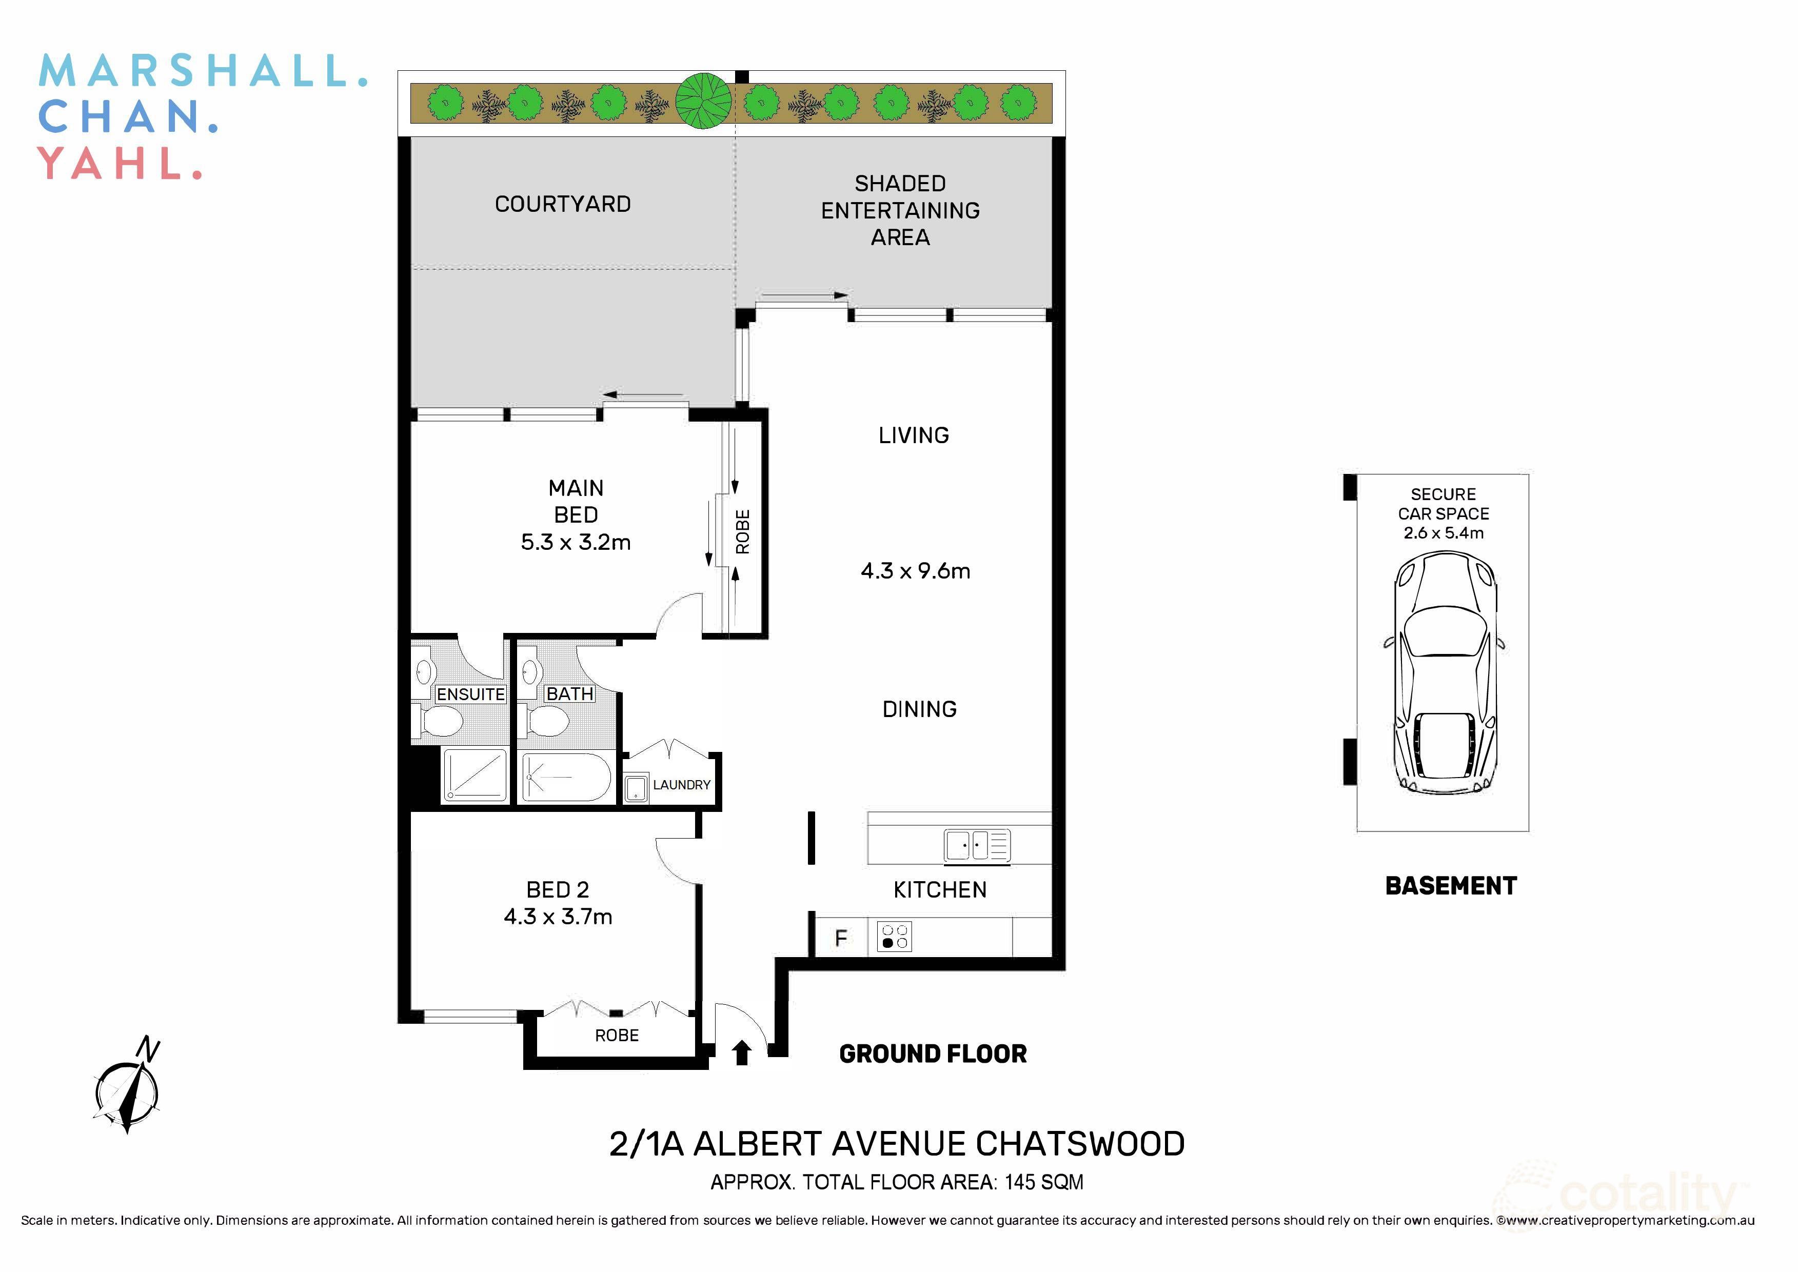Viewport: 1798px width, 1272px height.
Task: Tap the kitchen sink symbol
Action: (x=977, y=846)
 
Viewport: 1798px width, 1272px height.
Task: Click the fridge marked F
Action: (x=841, y=938)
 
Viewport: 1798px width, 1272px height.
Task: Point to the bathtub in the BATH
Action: (x=566, y=777)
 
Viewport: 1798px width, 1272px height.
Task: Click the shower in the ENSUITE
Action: (x=475, y=776)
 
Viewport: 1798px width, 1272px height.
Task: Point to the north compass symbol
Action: (x=128, y=1089)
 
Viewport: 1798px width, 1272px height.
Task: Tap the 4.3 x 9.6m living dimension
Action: (x=915, y=571)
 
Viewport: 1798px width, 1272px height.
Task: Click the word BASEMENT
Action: (x=1450, y=886)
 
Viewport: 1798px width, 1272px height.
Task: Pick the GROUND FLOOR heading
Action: (x=932, y=1054)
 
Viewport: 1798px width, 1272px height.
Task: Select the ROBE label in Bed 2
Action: (x=617, y=1036)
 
